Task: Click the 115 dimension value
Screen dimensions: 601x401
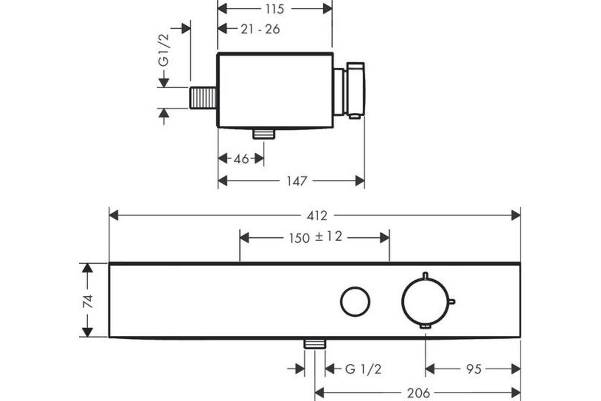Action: pyautogui.click(x=274, y=9)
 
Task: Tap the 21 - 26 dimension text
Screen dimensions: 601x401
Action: pyautogui.click(x=260, y=29)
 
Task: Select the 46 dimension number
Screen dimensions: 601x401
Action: pyautogui.click(x=241, y=159)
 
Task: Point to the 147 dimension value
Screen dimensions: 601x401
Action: pyautogui.click(x=296, y=181)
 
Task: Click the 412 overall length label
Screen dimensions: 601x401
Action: pyautogui.click(x=317, y=216)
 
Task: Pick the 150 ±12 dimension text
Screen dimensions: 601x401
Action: pyautogui.click(x=316, y=238)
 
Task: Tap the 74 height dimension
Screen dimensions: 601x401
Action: pyautogui.click(x=88, y=301)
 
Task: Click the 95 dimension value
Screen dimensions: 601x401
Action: pyautogui.click(x=474, y=369)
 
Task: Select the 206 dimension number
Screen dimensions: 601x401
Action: pyautogui.click(x=419, y=393)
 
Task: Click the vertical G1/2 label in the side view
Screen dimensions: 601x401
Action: pyautogui.click(x=164, y=50)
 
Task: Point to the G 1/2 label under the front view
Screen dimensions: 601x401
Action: pyautogui.click(x=363, y=369)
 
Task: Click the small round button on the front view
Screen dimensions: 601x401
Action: pyautogui.click(x=355, y=302)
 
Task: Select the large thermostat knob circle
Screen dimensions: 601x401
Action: pyautogui.click(x=426, y=302)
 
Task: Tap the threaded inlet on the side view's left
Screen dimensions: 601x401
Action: pyautogui.click(x=203, y=98)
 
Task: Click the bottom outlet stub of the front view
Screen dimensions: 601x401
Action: pyautogui.click(x=315, y=344)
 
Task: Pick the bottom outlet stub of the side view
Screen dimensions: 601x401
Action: pyautogui.click(x=264, y=134)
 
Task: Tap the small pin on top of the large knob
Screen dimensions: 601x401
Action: pyautogui.click(x=425, y=276)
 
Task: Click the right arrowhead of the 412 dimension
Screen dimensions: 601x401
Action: pyautogui.click(x=516, y=216)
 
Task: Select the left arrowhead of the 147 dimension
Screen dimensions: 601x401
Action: pyautogui.click(x=223, y=181)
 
